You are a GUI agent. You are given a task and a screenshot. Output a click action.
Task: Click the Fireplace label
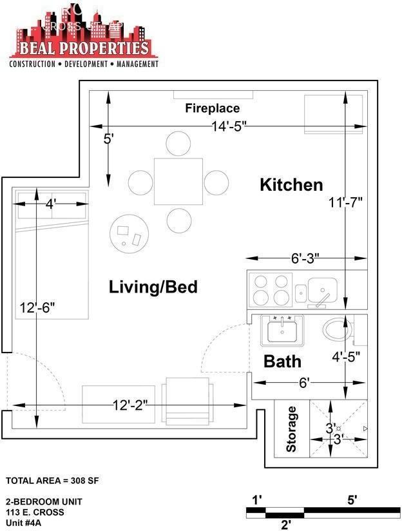pyautogui.click(x=213, y=108)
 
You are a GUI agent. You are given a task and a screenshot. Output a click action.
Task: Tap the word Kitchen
pyautogui.click(x=291, y=185)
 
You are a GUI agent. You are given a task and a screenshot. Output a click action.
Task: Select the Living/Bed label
pyautogui.click(x=153, y=287)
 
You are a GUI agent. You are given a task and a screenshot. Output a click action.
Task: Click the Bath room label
pyautogui.click(x=282, y=361)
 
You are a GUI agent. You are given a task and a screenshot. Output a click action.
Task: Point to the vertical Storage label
pyautogui.click(x=292, y=429)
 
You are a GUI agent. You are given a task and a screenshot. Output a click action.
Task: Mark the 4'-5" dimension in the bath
pyautogui.click(x=345, y=355)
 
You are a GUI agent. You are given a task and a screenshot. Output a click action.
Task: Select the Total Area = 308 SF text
pyautogui.click(x=52, y=481)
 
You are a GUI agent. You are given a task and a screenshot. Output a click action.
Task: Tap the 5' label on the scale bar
pyautogui.click(x=352, y=499)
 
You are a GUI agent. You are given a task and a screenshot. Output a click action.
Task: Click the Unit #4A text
pyautogui.click(x=24, y=523)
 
